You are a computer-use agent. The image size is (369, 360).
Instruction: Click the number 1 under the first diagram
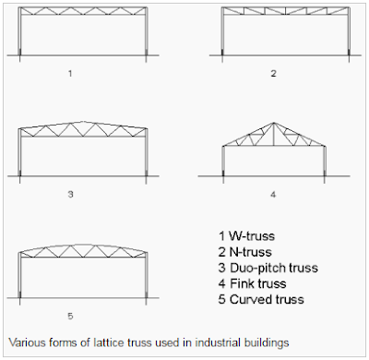pyautogui.click(x=70, y=74)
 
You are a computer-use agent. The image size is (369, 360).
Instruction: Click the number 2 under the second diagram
pyautogui.click(x=273, y=74)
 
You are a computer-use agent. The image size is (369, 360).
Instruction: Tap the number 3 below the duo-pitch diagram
pyautogui.click(x=70, y=195)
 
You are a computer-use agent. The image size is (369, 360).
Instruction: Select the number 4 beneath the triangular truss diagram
pyautogui.click(x=273, y=195)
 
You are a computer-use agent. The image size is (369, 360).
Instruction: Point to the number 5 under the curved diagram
pyautogui.click(x=70, y=316)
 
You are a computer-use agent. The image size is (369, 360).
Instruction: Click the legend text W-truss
pyautogui.click(x=252, y=236)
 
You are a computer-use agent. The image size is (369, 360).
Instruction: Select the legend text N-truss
pyautogui.click(x=251, y=252)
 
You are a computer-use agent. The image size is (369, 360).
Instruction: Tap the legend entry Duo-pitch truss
pyautogui.click(x=274, y=268)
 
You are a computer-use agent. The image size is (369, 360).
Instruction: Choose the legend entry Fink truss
pyautogui.click(x=258, y=283)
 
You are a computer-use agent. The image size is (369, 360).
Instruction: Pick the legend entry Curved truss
pyautogui.click(x=267, y=299)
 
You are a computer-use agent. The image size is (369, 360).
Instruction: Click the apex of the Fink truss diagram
pyautogui.click(x=273, y=123)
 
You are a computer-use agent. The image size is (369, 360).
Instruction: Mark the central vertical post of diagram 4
pyautogui.click(x=273, y=134)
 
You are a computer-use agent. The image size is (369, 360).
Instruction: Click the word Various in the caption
pyautogui.click(x=27, y=342)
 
